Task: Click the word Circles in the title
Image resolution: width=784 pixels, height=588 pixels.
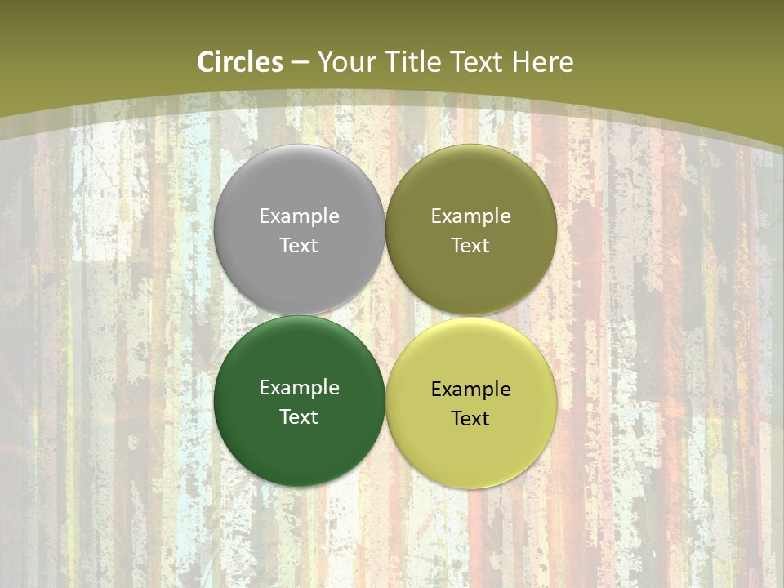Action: coord(240,62)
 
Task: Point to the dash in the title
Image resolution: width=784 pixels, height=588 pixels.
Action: coord(300,63)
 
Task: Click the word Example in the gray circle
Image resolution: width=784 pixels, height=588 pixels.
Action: coord(299,216)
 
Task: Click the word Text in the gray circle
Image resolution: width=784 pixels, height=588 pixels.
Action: coord(299,245)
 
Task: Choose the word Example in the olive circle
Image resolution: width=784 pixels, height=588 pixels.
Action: coord(470,216)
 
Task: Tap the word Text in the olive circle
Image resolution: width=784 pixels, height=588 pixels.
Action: coord(470,245)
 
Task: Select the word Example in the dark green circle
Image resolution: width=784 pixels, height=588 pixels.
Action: coord(299,388)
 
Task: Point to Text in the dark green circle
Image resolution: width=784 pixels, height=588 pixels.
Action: coord(299,416)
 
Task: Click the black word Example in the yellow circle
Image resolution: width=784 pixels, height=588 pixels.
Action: coord(470,390)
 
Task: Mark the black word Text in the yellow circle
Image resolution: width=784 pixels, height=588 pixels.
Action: coord(470,418)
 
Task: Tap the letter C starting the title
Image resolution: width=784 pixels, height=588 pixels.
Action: coord(205,62)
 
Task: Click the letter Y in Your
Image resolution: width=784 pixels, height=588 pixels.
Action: coord(325,62)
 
